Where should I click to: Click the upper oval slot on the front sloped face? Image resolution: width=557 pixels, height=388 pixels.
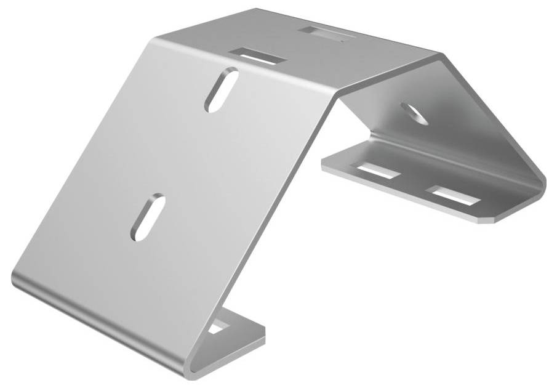click(x=222, y=90)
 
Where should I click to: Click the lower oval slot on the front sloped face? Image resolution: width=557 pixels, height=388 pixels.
click(x=147, y=217)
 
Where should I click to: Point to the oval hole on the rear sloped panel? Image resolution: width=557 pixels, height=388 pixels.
click(x=414, y=113)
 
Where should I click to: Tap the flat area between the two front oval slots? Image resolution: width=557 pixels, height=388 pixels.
click(x=185, y=154)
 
